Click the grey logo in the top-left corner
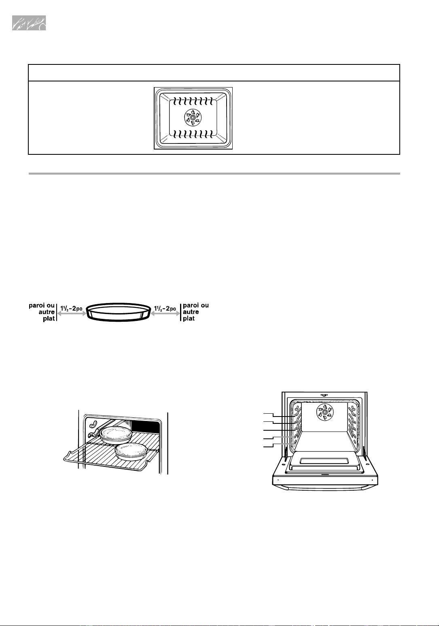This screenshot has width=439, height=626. point(29,23)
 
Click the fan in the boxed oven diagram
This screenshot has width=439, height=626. point(193,118)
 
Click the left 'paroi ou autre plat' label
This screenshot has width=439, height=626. point(42,312)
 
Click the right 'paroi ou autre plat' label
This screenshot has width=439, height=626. point(196,312)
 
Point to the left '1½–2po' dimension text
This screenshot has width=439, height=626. point(72,309)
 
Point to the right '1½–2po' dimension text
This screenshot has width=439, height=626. point(165,309)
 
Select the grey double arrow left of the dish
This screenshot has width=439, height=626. point(72,314)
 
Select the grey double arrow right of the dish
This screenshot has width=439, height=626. point(165,314)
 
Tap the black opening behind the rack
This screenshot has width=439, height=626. point(146,427)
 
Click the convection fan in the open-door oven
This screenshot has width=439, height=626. point(325,412)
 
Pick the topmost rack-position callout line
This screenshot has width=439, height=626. point(280,414)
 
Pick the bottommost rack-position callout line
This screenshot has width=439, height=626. point(280,445)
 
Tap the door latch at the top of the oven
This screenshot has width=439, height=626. point(324,395)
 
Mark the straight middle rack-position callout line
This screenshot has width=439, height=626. point(280,430)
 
